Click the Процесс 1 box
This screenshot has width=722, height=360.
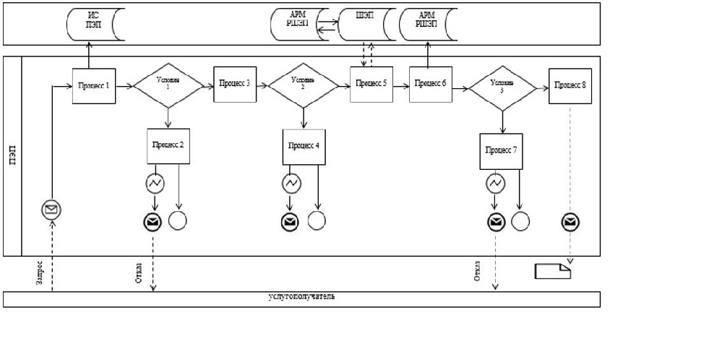pyautogui.click(x=94, y=86)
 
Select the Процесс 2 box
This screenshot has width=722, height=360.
pyautogui.click(x=168, y=145)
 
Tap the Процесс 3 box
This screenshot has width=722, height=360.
pyautogui.click(x=231, y=83)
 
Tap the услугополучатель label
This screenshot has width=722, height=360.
pyautogui.click(x=302, y=297)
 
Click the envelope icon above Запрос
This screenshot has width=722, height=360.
pyautogui.click(x=51, y=210)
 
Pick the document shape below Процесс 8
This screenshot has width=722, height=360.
pyautogui.click(x=553, y=271)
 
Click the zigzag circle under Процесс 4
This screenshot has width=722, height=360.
pyautogui.click(x=291, y=184)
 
